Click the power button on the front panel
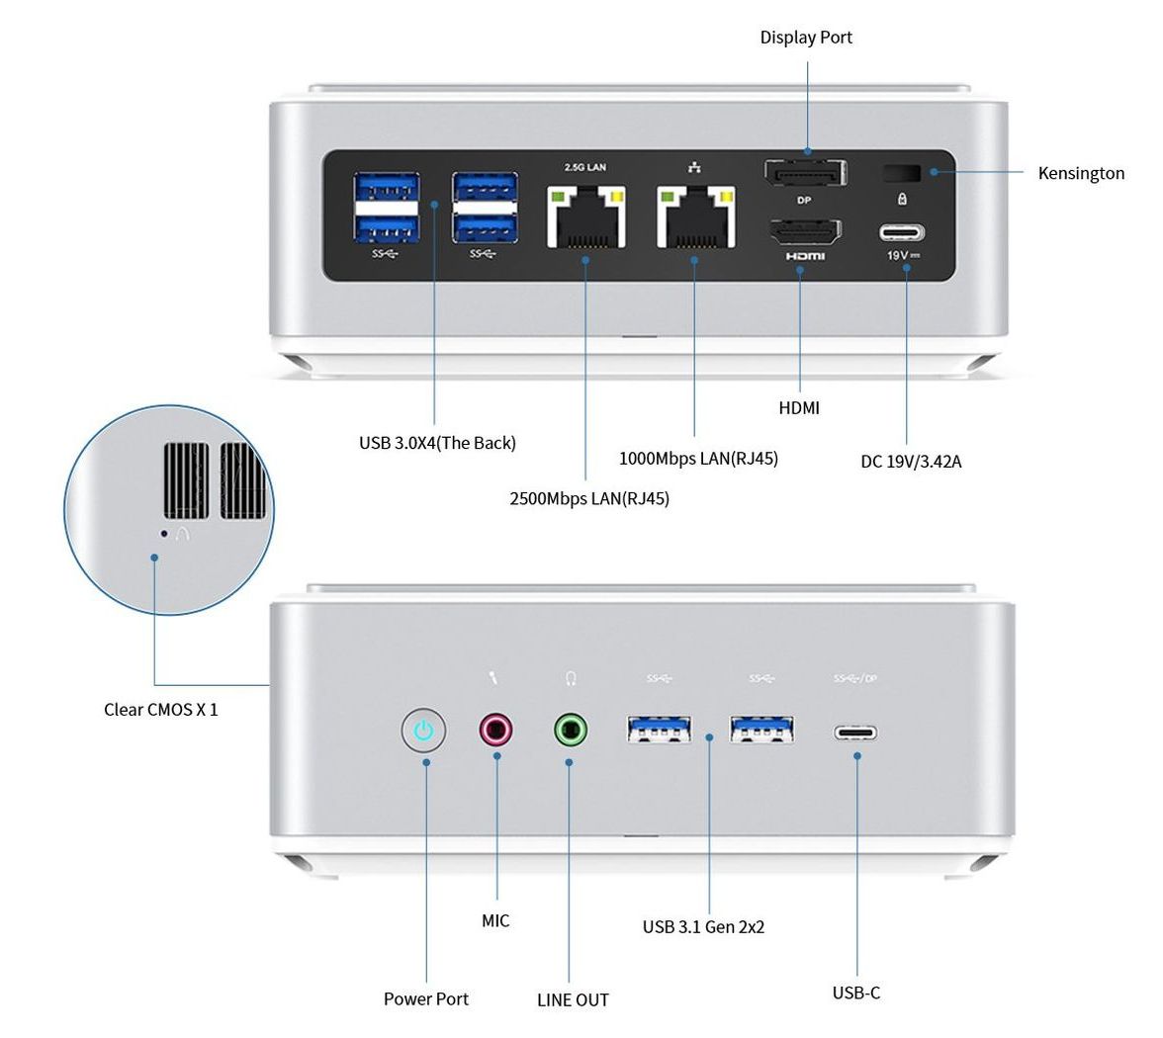[x=424, y=732]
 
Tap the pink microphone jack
[x=496, y=731]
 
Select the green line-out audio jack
[x=570, y=732]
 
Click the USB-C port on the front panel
[x=856, y=734]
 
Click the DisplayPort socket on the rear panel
[x=805, y=174]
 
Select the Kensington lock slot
[x=901, y=173]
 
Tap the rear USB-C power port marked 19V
[x=903, y=234]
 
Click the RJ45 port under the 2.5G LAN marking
[x=584, y=218]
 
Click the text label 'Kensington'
[x=1081, y=173]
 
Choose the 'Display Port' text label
[x=806, y=38]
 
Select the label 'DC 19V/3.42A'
[x=911, y=461]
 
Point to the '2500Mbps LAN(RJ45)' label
[x=589, y=498]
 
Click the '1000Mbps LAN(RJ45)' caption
[x=698, y=458]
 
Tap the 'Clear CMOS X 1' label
[x=161, y=709]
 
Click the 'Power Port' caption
[x=426, y=998]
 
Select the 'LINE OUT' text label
[x=573, y=999]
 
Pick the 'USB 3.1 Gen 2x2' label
[x=703, y=926]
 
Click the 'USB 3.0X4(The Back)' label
[x=437, y=443]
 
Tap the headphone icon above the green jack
[x=571, y=678]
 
